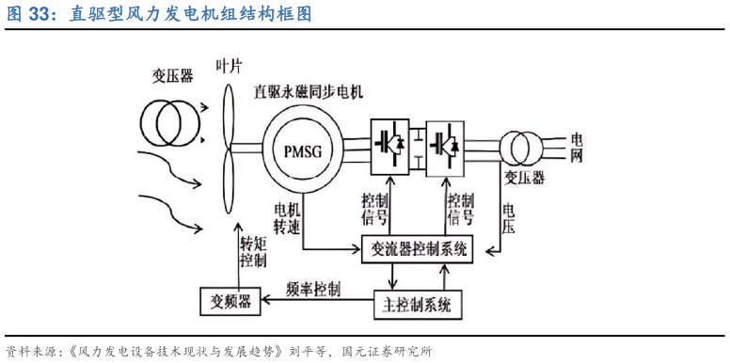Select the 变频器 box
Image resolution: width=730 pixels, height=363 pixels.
point(230,302)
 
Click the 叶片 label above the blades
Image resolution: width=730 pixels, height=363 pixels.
point(230,67)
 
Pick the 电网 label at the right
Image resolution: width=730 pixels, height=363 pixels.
point(577,148)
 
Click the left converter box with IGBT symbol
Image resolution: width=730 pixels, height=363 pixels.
point(389,145)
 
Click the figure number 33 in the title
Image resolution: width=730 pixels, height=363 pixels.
point(39,15)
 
